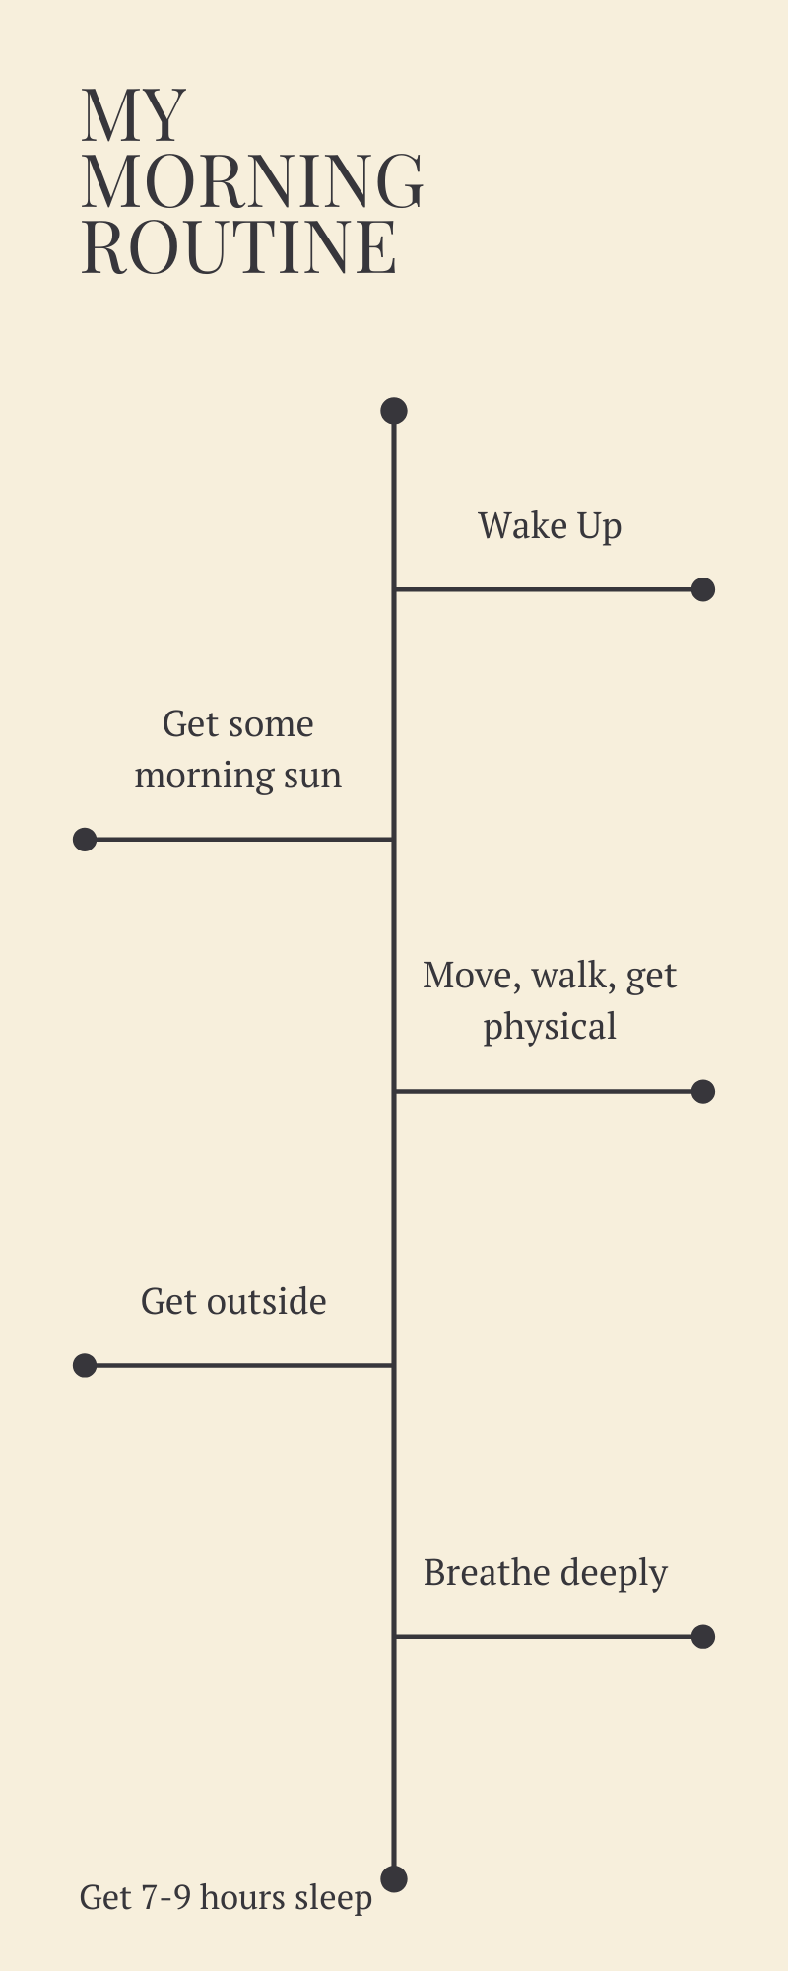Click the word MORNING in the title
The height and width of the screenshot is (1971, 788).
click(253, 180)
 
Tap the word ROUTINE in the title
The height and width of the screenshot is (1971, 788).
click(239, 245)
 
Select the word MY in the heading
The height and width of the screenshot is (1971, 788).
click(133, 116)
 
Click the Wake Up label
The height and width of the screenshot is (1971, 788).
click(550, 526)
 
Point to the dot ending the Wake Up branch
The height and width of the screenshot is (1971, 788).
click(703, 589)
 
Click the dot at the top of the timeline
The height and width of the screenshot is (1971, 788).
click(394, 411)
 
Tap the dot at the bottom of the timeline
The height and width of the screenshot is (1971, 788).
click(394, 1878)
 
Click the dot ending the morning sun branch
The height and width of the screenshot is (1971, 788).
click(85, 840)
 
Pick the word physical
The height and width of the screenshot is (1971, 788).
click(550, 1028)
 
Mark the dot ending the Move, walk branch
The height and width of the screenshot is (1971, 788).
click(703, 1091)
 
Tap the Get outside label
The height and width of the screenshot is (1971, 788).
click(233, 1302)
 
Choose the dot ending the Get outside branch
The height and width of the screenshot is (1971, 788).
click(85, 1365)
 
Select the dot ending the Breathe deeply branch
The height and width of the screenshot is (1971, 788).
click(703, 1637)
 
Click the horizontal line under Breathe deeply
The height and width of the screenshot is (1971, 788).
click(549, 1637)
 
